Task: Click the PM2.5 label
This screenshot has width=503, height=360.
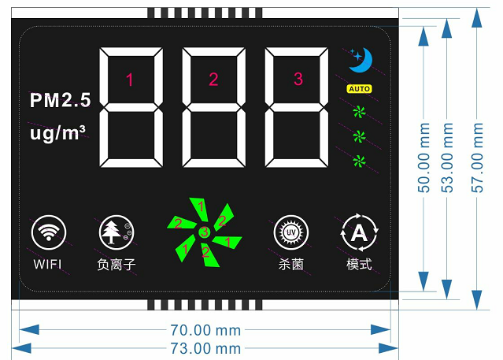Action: point(61,100)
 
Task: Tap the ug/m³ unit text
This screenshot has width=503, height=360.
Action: point(57,133)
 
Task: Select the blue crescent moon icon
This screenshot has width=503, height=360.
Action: point(361,60)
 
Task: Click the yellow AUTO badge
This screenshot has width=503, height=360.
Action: point(359,89)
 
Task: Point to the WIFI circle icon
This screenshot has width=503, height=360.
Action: point(49,232)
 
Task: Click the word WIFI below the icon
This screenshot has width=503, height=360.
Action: point(47,265)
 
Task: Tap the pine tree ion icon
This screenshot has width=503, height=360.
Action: point(117,232)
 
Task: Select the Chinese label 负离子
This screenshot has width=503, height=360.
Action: point(117,265)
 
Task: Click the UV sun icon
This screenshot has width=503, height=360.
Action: point(291,232)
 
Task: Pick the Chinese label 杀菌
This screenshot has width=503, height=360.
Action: point(291,265)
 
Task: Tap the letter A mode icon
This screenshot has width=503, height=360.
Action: point(359,232)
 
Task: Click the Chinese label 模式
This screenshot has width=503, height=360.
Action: point(359,265)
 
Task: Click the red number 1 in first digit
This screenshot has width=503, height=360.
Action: point(130,80)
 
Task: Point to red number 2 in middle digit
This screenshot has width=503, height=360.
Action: point(213,79)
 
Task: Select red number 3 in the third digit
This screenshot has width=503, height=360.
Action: point(298,79)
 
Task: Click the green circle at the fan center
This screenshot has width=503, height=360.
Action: point(205,232)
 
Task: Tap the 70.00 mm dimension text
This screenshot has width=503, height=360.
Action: point(205,330)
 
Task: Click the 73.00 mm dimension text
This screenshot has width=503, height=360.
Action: point(205,348)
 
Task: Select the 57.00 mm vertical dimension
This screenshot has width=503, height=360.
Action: point(477,158)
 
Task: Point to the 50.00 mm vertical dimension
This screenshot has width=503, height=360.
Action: point(423,158)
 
